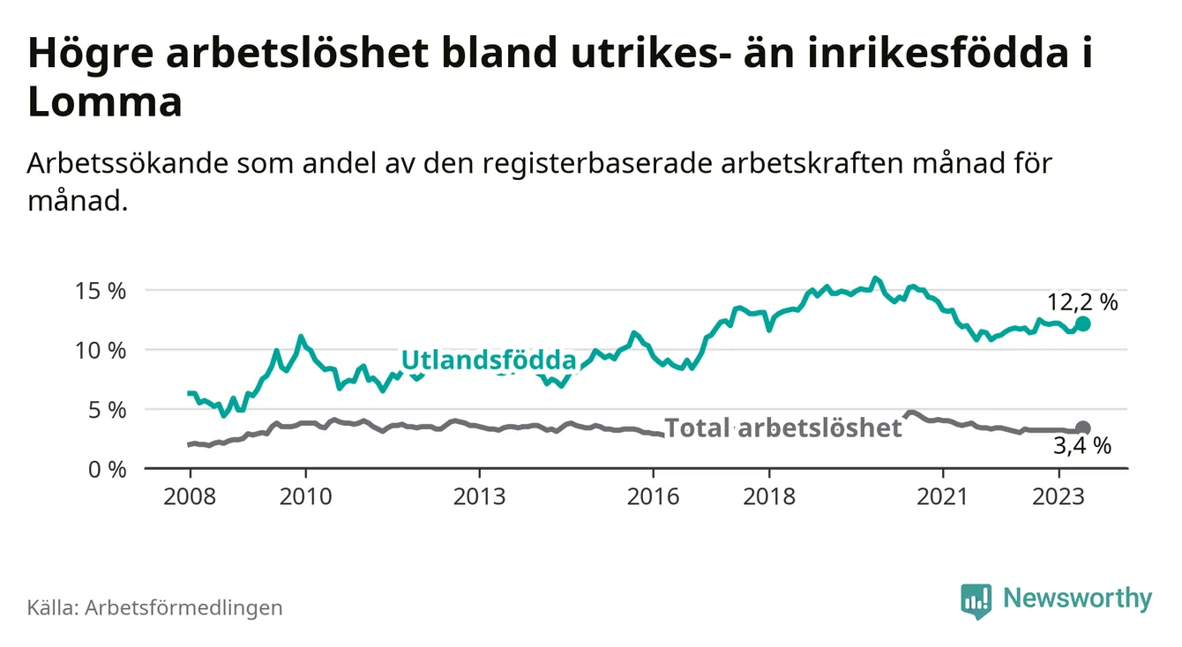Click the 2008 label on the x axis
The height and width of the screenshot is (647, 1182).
tap(190, 496)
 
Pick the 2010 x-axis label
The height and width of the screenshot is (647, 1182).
tap(305, 496)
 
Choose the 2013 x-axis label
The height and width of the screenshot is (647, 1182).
tap(479, 496)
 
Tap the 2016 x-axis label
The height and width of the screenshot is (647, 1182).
tap(653, 496)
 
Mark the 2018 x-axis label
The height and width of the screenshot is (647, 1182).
tap(769, 496)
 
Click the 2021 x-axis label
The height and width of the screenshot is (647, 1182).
tap(943, 496)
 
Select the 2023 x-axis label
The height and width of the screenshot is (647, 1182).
tap(1059, 496)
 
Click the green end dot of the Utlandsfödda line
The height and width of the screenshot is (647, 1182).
tap(1082, 323)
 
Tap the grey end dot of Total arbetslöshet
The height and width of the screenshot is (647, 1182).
tap(1082, 428)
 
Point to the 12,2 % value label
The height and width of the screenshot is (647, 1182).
tap(1082, 302)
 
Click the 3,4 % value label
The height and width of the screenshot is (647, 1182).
tap(1082, 448)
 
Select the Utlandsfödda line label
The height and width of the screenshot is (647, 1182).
tap(488, 360)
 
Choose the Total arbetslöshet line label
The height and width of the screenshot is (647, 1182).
tap(783, 428)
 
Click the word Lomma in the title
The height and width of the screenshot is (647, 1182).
tap(105, 103)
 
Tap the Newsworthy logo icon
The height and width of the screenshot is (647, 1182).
tap(976, 600)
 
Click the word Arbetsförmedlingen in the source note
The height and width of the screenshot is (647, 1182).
tap(183, 607)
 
